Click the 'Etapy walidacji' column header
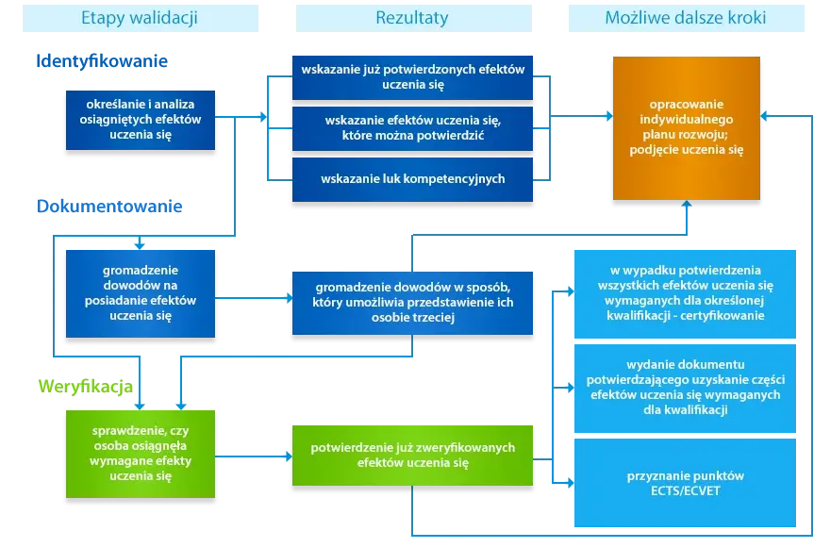click(x=141, y=18)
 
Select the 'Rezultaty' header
click(x=414, y=18)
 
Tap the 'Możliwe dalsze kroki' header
click(x=687, y=18)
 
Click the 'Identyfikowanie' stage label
click(x=102, y=61)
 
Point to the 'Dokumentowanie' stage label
click(x=109, y=207)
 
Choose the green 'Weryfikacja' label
click(x=86, y=387)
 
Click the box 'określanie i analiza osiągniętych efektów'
click(x=141, y=120)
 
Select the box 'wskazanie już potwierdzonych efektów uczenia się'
click(x=413, y=77)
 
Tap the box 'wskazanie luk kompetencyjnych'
click(x=413, y=179)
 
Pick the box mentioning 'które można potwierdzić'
click(x=413, y=128)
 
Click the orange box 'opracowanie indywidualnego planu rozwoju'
click(x=687, y=128)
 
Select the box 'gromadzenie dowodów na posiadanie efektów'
click(x=141, y=293)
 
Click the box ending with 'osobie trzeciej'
click(x=413, y=303)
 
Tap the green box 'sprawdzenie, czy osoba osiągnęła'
click(x=141, y=454)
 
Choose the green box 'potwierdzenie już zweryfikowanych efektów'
click(x=413, y=456)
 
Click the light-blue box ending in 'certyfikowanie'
click(x=686, y=293)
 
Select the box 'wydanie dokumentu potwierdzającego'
click(x=686, y=389)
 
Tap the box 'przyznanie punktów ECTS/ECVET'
click(x=686, y=483)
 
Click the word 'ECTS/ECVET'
click(x=686, y=490)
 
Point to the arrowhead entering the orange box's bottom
click(x=687, y=204)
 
